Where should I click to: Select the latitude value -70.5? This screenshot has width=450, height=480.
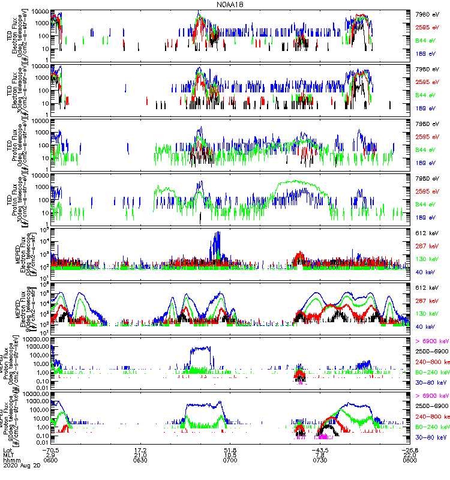click(53, 450)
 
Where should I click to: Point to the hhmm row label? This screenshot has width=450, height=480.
click(11, 463)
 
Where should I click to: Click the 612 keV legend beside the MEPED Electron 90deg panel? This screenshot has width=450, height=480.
click(427, 287)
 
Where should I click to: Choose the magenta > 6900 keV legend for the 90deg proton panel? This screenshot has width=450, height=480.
click(431, 396)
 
